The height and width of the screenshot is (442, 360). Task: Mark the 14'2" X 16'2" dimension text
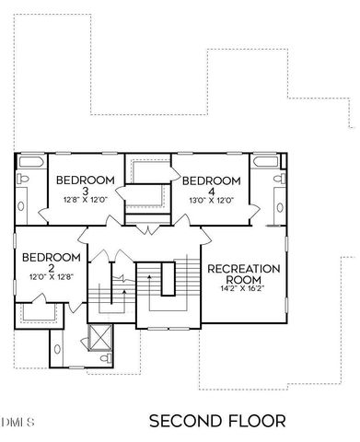click(243, 288)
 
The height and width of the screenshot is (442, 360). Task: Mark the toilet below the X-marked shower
click(108, 357)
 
